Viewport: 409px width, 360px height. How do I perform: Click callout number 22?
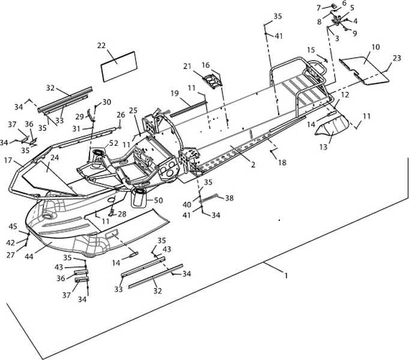tap(101, 46)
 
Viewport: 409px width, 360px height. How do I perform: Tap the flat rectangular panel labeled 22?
tap(119, 67)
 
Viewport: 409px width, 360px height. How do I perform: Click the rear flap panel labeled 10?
tap(365, 70)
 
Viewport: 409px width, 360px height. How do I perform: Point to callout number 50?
tap(159, 200)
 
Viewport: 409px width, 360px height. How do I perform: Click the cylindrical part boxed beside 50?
tap(139, 198)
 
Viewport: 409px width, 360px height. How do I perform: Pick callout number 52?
tap(114, 143)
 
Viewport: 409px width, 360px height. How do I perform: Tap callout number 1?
tap(286, 275)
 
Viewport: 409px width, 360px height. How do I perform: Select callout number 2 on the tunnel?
tap(253, 164)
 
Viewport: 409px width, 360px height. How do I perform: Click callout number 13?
tap(323, 147)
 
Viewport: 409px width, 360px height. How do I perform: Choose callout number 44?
tap(29, 257)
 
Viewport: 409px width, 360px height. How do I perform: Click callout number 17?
tap(8, 160)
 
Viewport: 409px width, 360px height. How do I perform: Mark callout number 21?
tap(187, 67)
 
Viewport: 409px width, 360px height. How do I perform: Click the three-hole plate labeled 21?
tap(213, 80)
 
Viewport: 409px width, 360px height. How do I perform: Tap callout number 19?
tap(175, 93)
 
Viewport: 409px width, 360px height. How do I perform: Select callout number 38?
tap(229, 198)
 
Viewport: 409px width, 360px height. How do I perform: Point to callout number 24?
tap(55, 158)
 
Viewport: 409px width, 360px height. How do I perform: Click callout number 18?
tap(282, 163)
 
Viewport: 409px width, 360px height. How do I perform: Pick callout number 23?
tap(397, 58)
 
